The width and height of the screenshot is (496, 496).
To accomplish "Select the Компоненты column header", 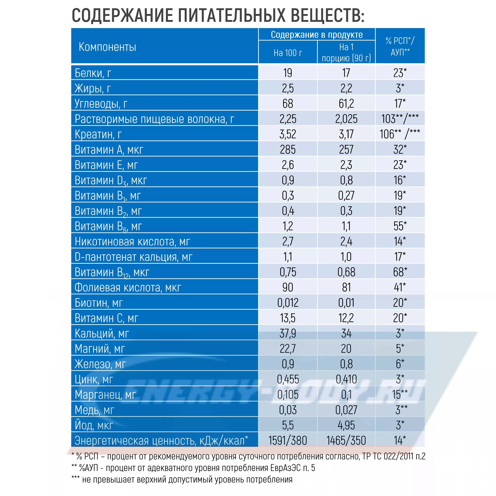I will (107, 47).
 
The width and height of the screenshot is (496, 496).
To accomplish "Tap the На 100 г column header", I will (288, 53).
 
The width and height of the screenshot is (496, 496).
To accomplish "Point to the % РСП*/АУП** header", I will (400, 46).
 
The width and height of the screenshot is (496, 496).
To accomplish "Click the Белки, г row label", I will (93, 73).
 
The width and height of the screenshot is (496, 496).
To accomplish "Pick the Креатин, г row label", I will (98, 134).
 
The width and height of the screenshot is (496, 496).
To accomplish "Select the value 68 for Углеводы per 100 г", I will (288, 104).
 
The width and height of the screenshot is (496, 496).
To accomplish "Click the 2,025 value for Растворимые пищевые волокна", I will (346, 119).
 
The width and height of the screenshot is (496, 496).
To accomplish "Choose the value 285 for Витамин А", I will (288, 150).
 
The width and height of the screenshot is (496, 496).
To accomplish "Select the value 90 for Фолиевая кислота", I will (288, 288).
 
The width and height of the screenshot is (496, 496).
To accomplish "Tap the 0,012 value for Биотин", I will (288, 303).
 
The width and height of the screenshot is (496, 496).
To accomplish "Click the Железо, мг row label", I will (100, 364).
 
